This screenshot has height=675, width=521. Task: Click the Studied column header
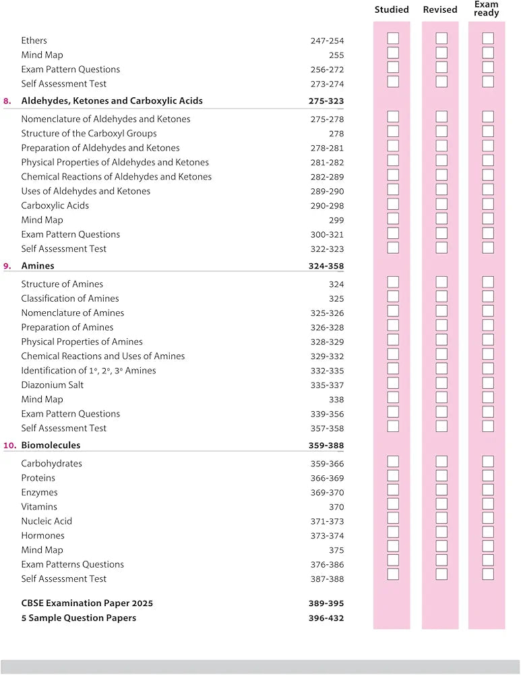(392, 10)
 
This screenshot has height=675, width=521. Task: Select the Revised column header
(440, 10)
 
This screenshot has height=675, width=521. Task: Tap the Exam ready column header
(487, 9)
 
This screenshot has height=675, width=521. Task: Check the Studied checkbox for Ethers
(393, 38)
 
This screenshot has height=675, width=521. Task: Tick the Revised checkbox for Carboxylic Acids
(441, 204)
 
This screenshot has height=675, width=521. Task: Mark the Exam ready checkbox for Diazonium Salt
(488, 383)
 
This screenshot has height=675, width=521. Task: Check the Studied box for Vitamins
(393, 505)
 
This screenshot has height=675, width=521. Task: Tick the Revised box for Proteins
(441, 476)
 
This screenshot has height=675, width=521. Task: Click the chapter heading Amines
(38, 266)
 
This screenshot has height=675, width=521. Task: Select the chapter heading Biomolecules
(51, 446)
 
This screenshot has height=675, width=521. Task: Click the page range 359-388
(326, 446)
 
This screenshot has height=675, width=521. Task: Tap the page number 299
(336, 220)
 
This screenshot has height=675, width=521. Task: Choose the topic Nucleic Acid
(47, 521)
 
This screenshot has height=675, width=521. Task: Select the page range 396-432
(326, 618)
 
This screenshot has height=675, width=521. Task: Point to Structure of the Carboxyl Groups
(89, 134)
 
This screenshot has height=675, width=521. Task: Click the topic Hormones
(42, 535)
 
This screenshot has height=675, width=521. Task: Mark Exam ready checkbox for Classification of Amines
(488, 297)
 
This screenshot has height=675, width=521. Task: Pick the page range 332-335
(327, 371)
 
